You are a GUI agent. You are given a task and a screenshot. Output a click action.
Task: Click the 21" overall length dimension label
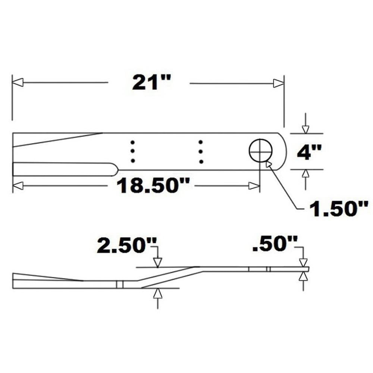pyautogui.click(x=152, y=82)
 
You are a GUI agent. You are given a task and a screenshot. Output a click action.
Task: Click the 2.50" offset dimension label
pyautogui.click(x=126, y=246)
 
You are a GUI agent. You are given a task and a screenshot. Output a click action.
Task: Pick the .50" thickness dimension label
pyautogui.click(x=275, y=247)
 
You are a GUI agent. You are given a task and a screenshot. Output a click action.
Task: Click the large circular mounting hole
pyautogui.click(x=261, y=151)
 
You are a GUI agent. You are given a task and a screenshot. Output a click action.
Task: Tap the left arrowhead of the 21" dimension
pyautogui.click(x=18, y=82)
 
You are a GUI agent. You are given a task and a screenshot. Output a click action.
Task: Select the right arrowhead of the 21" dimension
pyautogui.click(x=279, y=83)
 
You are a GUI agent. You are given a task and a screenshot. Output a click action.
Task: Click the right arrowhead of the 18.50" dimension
pyautogui.click(x=254, y=186)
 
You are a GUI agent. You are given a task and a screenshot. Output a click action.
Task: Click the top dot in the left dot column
pyautogui.click(x=132, y=142)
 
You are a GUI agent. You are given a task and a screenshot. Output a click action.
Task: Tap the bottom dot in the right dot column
pyautogui.click(x=201, y=162)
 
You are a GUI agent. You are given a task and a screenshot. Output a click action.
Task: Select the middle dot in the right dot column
pyautogui.click(x=201, y=152)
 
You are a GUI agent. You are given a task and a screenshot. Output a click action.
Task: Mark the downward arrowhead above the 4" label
pyautogui.click(x=306, y=129)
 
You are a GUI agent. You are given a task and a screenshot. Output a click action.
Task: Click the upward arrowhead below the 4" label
pyautogui.click(x=306, y=174)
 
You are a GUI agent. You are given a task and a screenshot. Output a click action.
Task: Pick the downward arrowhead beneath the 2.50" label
pyautogui.click(x=158, y=263)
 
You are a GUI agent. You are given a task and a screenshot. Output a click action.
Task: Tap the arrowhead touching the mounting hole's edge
pyautogui.click(x=269, y=164)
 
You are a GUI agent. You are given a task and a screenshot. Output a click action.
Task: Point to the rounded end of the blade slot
pyautogui.click(x=115, y=170)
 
